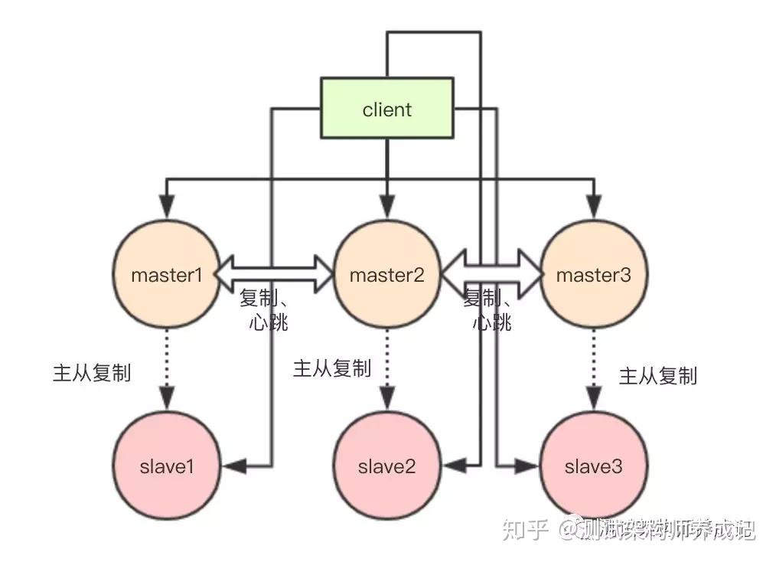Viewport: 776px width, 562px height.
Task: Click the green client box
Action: pos(386,109)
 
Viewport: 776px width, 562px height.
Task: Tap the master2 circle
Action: pos(386,275)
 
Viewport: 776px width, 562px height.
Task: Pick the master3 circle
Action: pos(593,275)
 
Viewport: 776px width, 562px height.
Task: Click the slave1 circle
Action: pos(166,466)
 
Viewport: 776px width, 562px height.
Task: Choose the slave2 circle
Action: pos(386,466)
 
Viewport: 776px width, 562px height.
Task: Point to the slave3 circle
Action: pos(593,466)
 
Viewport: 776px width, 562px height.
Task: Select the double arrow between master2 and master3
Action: pos(491,269)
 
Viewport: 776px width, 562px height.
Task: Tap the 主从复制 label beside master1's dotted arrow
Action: pos(91,373)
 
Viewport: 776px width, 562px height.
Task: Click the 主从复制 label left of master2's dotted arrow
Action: pos(331,368)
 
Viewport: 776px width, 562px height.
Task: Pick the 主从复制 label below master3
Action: pos(657,376)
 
